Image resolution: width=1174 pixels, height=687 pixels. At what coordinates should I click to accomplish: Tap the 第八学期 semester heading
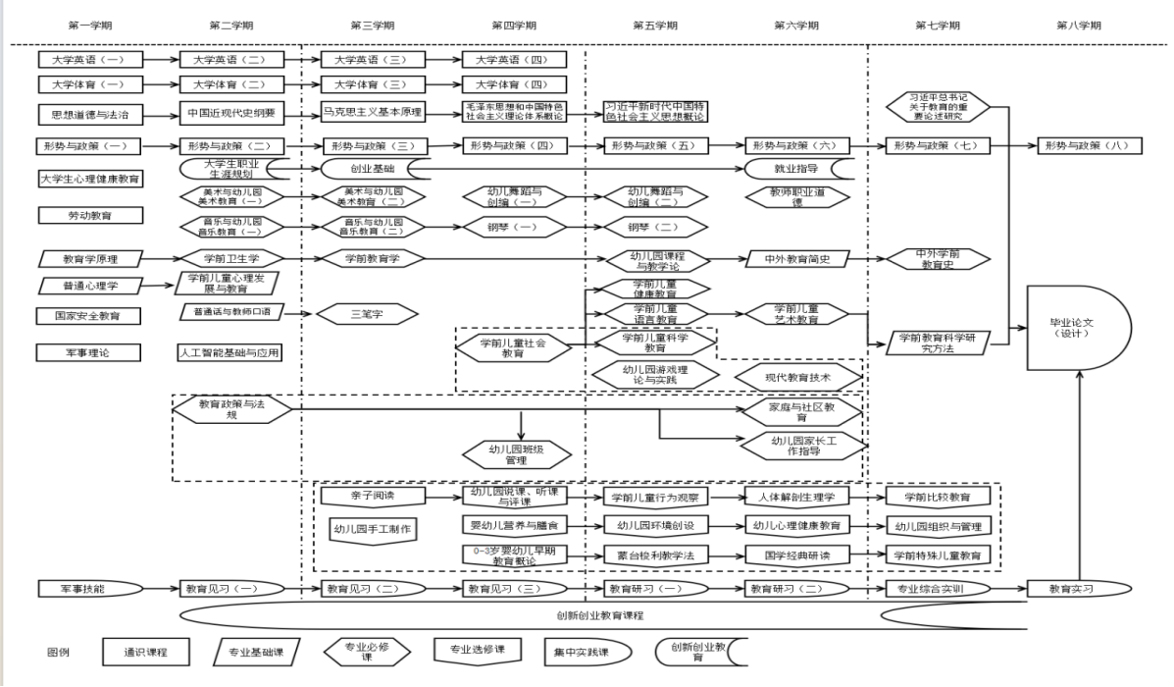pyautogui.click(x=1078, y=25)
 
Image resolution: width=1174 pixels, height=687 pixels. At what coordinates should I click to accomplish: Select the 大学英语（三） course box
pyautogui.click(x=370, y=59)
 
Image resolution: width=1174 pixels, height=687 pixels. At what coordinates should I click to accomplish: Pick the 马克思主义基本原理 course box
pyautogui.click(x=372, y=112)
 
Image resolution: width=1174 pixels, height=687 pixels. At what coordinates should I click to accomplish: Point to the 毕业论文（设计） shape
pyautogui.click(x=1077, y=328)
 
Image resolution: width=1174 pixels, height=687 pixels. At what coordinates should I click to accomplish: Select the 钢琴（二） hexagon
pyautogui.click(x=654, y=227)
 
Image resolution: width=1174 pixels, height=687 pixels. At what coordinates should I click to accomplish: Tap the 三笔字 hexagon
pyautogui.click(x=365, y=315)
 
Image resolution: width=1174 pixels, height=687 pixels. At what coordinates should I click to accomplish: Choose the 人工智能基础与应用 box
pyautogui.click(x=230, y=351)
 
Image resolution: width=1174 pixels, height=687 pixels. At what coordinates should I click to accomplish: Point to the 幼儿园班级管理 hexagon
pyautogui.click(x=516, y=453)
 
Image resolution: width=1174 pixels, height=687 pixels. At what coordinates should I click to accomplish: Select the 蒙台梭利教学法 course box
pyautogui.click(x=655, y=555)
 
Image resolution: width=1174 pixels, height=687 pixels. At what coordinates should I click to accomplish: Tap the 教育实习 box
pyautogui.click(x=1076, y=589)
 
